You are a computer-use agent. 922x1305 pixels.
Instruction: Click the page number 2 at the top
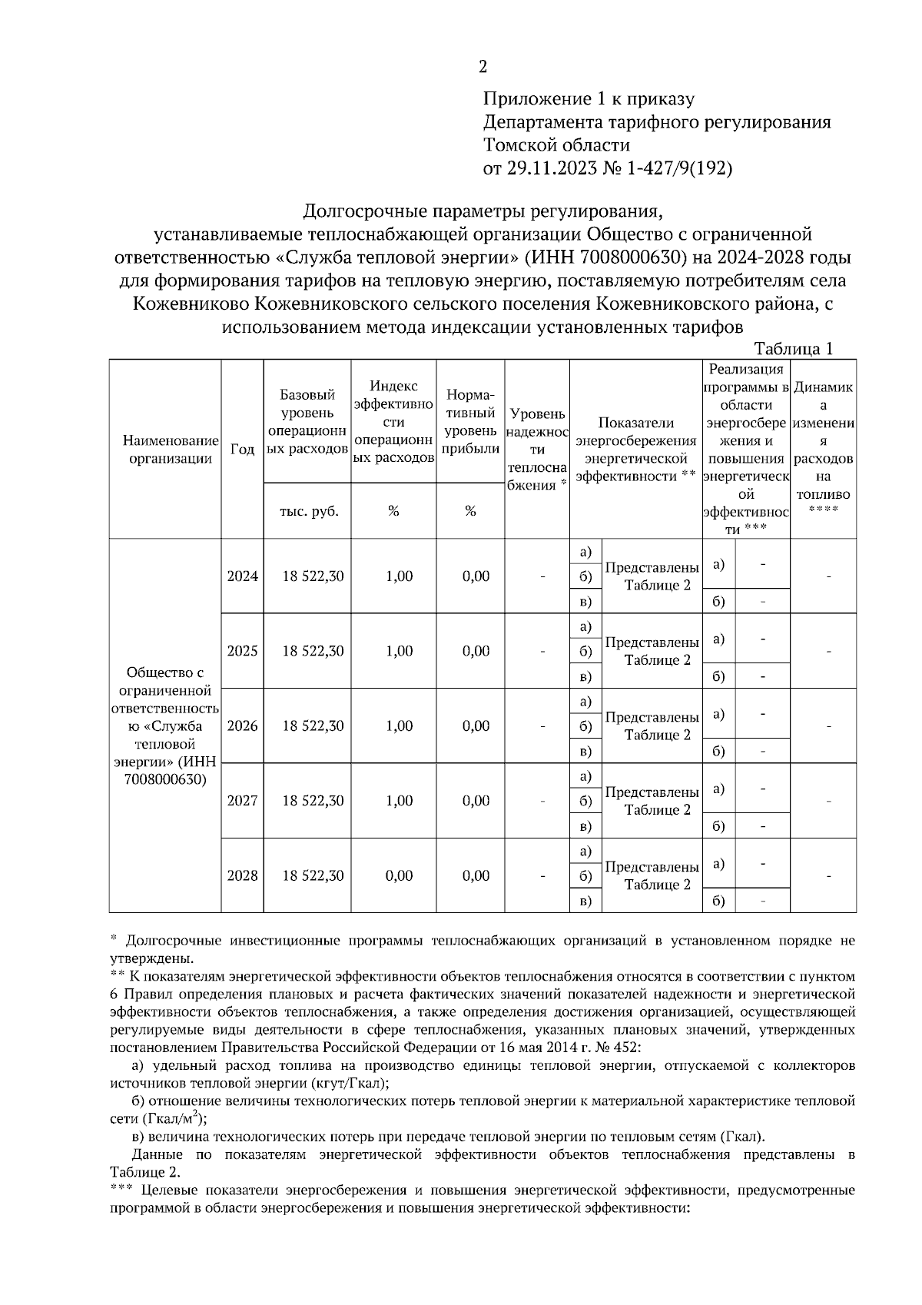pyautogui.click(x=483, y=67)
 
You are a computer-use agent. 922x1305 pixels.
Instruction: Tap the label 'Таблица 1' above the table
pyautogui.click(x=794, y=349)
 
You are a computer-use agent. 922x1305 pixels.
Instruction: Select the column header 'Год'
pyautogui.click(x=242, y=449)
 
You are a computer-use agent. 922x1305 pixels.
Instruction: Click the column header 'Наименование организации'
pyautogui.click(x=165, y=450)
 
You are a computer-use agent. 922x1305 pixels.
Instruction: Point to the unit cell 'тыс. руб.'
pyautogui.click(x=307, y=511)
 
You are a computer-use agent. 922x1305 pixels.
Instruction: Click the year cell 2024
pyautogui.click(x=242, y=576)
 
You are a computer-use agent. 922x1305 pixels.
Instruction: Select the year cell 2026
pyautogui.click(x=242, y=726)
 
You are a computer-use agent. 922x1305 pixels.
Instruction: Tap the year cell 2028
pyautogui.click(x=242, y=875)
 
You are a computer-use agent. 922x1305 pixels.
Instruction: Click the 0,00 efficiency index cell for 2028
pyautogui.click(x=399, y=875)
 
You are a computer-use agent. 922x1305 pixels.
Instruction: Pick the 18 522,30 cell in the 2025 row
pyautogui.click(x=313, y=651)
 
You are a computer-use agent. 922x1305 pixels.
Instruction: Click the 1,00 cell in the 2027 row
pyautogui.click(x=399, y=801)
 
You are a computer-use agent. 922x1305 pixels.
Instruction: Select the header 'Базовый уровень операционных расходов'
pyautogui.click(x=307, y=421)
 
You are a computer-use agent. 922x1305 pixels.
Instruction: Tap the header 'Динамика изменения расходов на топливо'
pyautogui.click(x=823, y=449)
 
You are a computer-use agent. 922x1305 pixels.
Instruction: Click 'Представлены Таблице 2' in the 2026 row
pyautogui.click(x=652, y=726)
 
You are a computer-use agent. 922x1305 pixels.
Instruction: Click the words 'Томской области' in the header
pyautogui.click(x=556, y=145)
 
